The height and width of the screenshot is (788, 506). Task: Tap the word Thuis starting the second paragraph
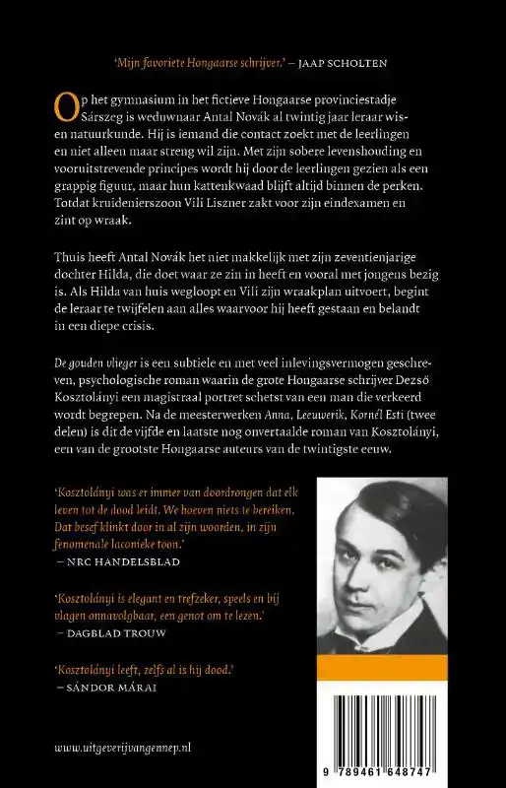click(71, 258)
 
